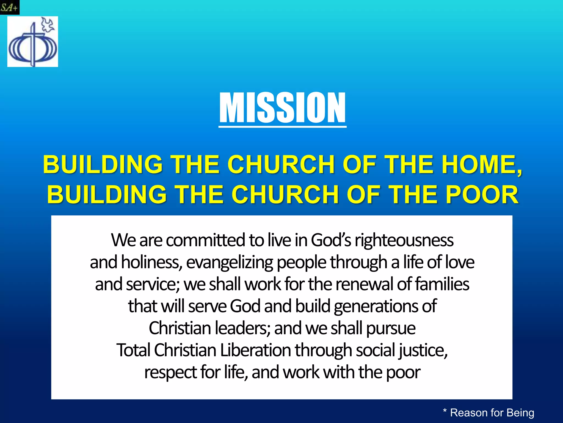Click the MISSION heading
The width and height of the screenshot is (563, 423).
[x=282, y=108]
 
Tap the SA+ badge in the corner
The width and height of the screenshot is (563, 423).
[x=9, y=7]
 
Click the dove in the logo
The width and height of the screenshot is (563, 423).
[x=48, y=24]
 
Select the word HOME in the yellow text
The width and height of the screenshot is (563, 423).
[x=481, y=164]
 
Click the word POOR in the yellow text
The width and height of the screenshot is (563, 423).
[x=482, y=194]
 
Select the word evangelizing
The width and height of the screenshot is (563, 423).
[x=230, y=262]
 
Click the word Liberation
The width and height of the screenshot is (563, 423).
[x=255, y=350]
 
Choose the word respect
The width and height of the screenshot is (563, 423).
[x=170, y=373]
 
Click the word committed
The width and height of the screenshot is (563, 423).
[x=205, y=240]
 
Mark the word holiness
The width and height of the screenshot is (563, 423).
[x=151, y=262]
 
